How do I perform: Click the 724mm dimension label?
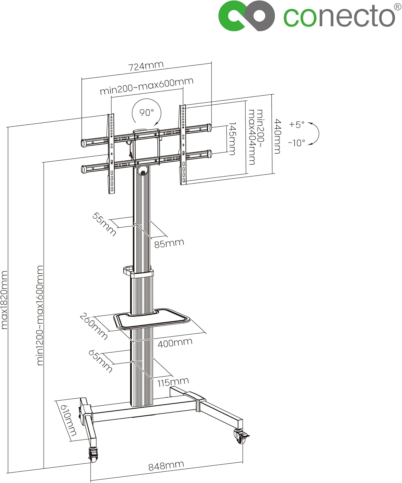(146, 66)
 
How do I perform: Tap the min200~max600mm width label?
(146, 86)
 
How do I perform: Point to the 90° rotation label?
(146, 112)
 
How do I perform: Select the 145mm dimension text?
(232, 138)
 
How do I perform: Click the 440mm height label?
(277, 136)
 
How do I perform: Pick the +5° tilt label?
(297, 124)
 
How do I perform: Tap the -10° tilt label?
(296, 143)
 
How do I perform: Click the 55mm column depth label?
(104, 224)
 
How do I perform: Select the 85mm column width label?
(169, 243)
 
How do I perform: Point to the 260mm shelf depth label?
(93, 326)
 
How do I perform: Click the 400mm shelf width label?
(175, 343)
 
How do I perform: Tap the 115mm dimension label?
(173, 382)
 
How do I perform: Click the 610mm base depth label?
(68, 420)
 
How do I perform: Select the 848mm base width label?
(166, 466)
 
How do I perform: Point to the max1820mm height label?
(4, 300)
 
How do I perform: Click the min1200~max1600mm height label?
(40, 315)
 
